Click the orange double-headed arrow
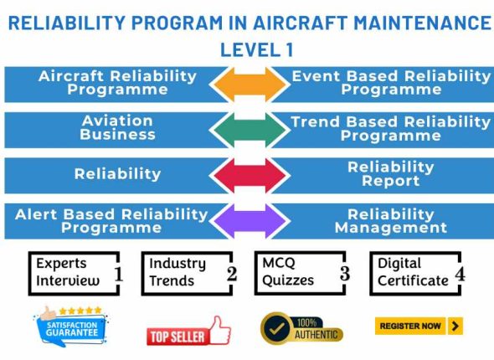246,84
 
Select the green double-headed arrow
246,129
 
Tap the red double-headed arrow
246,174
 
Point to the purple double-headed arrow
246,220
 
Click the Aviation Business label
117,128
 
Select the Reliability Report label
390,173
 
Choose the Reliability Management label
390,220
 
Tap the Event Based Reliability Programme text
391,83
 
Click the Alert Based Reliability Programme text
111,220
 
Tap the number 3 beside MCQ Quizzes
343,274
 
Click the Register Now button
419,326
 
